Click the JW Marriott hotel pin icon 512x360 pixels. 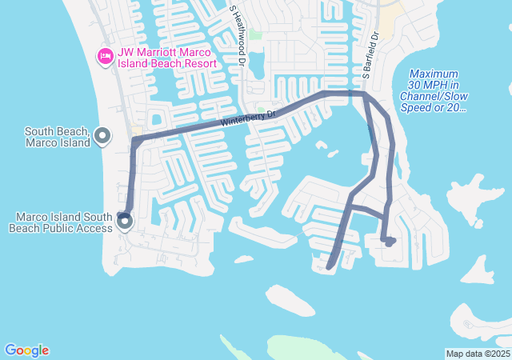click(x=104, y=56)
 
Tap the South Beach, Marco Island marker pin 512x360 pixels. click(x=102, y=137)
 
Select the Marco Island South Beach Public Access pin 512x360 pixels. click(x=124, y=222)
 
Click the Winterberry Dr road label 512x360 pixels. click(x=248, y=119)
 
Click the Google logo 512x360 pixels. click(x=26, y=350)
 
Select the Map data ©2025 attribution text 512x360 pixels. click(x=477, y=354)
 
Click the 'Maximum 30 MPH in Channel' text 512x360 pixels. click(x=432, y=85)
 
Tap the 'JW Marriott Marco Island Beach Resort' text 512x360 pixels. click(x=166, y=58)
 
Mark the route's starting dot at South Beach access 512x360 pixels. click(x=122, y=214)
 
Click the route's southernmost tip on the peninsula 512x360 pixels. click(x=330, y=266)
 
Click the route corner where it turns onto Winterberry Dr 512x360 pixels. click(x=134, y=142)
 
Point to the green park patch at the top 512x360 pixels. click(x=255, y=34)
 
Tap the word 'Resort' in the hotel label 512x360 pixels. click(x=196, y=64)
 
